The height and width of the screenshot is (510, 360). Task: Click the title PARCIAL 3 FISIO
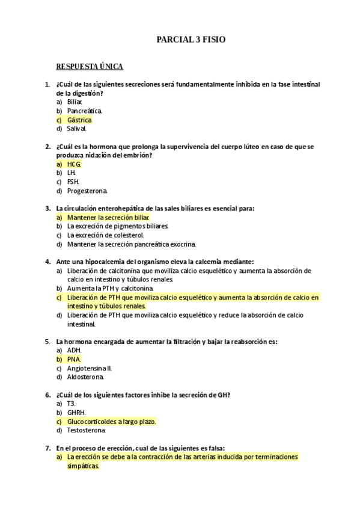(191, 39)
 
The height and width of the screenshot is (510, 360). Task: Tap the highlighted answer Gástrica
(79, 120)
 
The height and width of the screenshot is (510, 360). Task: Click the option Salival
(77, 128)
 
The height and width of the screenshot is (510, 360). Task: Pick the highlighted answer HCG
(74, 164)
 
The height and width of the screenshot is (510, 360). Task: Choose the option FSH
(73, 182)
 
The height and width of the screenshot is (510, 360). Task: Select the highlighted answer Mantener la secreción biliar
(108, 217)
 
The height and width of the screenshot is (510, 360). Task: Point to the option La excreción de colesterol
(106, 235)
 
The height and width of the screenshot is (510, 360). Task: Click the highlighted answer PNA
(74, 359)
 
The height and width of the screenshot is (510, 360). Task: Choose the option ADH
(74, 350)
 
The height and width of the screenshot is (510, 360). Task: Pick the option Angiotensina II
(90, 368)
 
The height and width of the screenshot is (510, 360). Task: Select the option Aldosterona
(85, 377)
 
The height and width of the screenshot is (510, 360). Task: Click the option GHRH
(76, 413)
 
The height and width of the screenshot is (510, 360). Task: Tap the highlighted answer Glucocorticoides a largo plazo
(111, 422)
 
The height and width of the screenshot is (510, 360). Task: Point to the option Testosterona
(87, 430)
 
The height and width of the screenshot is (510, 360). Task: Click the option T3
(72, 404)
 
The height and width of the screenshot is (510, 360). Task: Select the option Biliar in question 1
(75, 102)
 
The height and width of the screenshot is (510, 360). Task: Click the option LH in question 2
(72, 173)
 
